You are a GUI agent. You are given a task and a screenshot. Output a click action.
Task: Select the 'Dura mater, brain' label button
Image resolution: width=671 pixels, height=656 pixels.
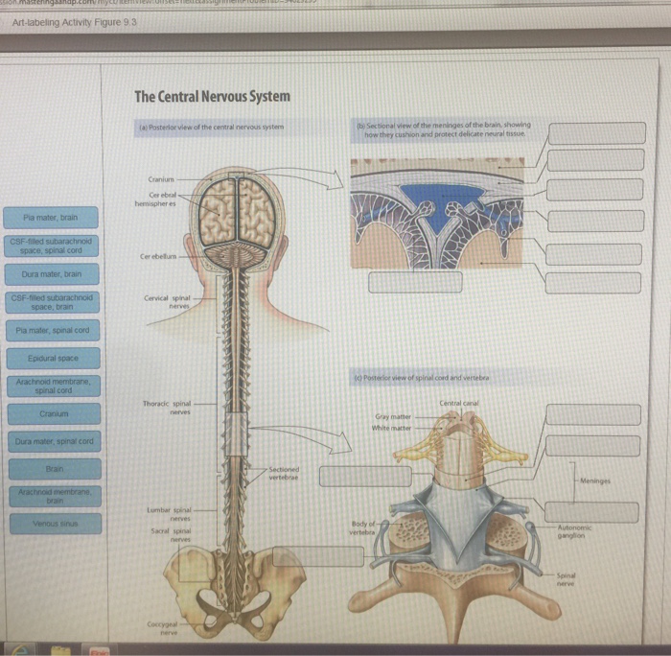(51, 273)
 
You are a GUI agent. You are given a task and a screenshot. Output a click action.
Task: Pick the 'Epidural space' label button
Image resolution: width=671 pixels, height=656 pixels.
(53, 357)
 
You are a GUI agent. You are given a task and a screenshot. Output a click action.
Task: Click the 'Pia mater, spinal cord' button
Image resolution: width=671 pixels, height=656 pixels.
(53, 330)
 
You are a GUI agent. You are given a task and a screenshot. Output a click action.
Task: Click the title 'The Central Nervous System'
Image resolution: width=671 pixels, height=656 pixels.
(212, 97)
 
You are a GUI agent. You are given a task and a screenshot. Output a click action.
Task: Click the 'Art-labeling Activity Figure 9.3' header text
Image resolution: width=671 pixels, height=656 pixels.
(69, 21)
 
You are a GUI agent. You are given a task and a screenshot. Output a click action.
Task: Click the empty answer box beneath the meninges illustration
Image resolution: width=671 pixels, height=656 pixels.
(406, 282)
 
